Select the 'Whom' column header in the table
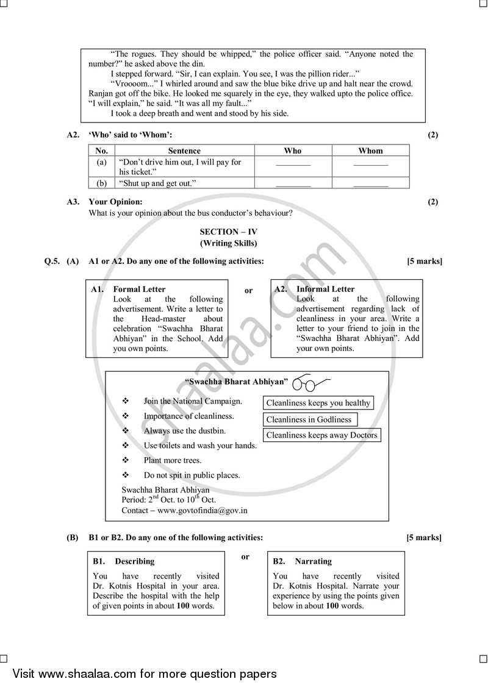click(370, 151)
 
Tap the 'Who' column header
click(293, 151)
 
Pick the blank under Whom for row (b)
click(370, 183)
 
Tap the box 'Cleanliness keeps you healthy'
click(318, 403)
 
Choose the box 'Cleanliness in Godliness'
click(309, 419)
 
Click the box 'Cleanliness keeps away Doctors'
click(322, 435)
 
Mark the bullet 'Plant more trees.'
click(173, 460)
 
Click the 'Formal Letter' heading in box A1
click(139, 289)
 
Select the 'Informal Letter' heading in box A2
click(325, 289)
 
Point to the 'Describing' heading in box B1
click(135, 561)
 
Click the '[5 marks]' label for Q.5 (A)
click(425, 261)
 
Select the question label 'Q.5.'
click(52, 261)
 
